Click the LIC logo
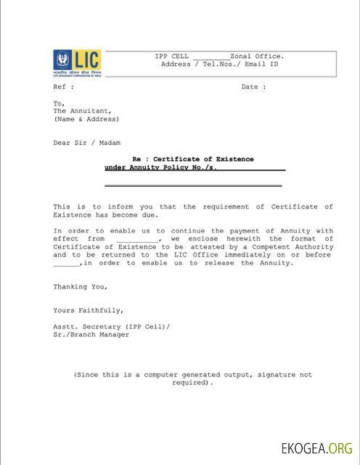pos(76,63)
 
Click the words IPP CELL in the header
pos(171,56)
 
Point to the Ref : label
pos(63,87)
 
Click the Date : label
pos(253,87)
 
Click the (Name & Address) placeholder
pos(86,119)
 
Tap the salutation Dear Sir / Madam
pos(86,143)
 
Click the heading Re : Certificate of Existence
pos(192,159)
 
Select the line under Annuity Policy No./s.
pos(160,167)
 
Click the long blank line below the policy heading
pos(193,186)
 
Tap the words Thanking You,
pos(80,287)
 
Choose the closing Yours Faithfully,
pos(83,310)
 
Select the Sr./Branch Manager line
pos(91,334)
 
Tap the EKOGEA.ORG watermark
pos(317,448)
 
